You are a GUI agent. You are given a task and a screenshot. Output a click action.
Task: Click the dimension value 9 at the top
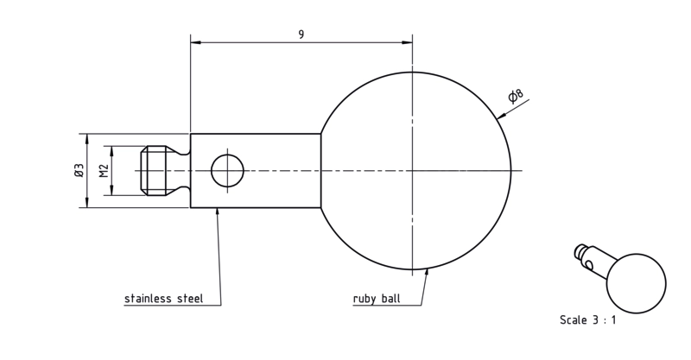[x=301, y=35]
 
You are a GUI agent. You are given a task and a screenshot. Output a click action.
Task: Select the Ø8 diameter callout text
[x=515, y=95]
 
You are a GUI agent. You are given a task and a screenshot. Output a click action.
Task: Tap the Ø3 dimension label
[x=79, y=171]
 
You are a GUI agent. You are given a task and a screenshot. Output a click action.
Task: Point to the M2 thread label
[x=104, y=171]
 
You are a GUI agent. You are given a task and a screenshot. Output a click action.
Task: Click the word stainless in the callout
[x=149, y=299]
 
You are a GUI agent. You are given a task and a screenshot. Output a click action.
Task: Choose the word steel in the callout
[x=190, y=299]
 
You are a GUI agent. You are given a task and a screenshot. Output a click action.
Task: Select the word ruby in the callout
[x=365, y=299]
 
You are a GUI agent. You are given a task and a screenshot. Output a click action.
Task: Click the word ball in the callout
[x=391, y=299]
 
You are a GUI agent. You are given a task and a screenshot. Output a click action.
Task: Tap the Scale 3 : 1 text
[x=588, y=320]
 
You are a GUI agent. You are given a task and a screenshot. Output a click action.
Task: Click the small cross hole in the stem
[x=227, y=171]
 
